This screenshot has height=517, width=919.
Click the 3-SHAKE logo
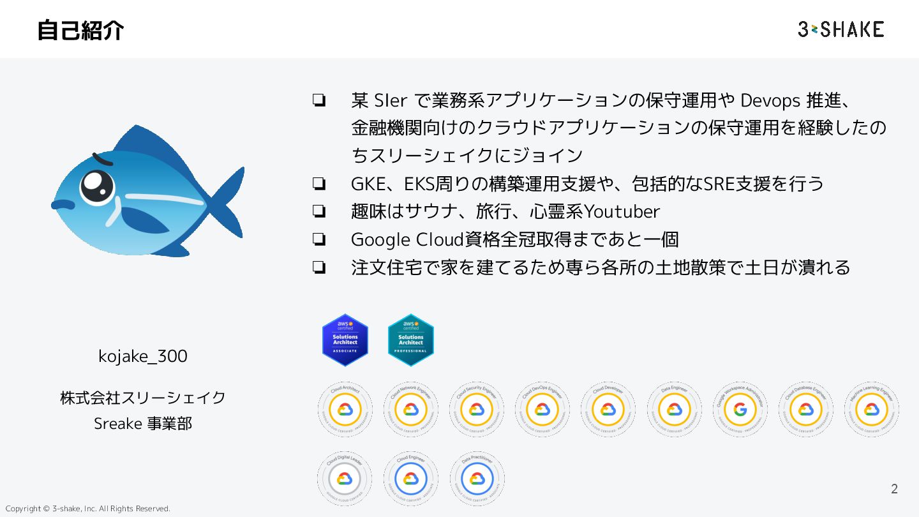point(841,29)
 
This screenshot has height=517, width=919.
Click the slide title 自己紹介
point(80,30)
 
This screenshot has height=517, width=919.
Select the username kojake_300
point(143,356)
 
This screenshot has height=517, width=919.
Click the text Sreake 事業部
point(143,423)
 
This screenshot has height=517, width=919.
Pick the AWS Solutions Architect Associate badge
point(345,340)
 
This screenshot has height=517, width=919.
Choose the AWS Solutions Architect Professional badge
point(411,340)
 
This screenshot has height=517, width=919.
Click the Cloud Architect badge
point(345,409)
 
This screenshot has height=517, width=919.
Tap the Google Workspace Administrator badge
point(740,409)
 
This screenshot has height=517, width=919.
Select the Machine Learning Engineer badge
point(872,409)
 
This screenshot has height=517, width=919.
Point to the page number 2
point(894,489)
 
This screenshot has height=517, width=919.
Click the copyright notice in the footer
point(88,509)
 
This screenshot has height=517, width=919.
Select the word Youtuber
point(622,211)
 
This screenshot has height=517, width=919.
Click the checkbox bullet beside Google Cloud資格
point(319,240)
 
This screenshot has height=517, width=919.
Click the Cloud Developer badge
point(608,409)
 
